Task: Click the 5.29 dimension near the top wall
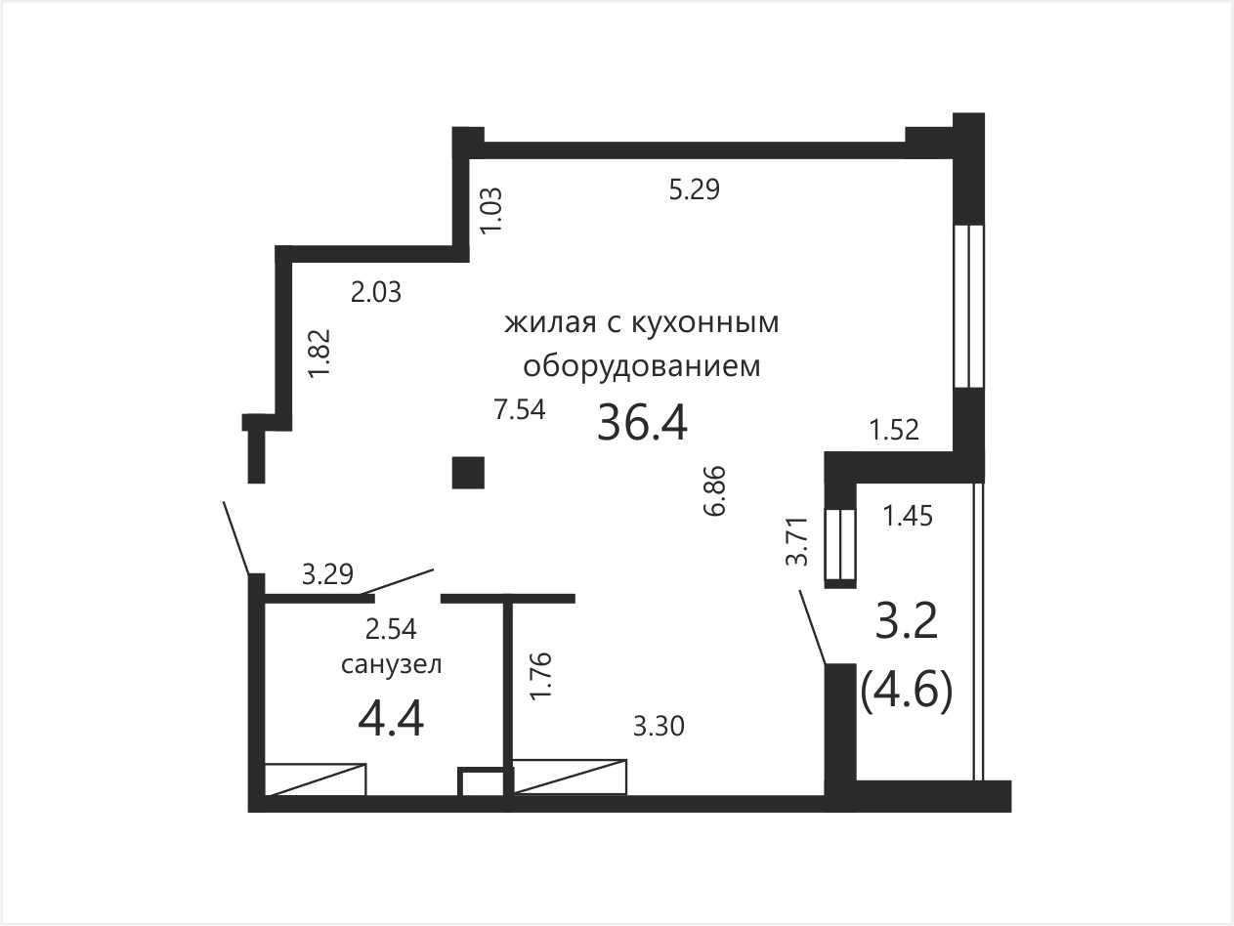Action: (x=695, y=189)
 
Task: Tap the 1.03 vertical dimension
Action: (x=490, y=210)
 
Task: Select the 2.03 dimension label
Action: (x=375, y=292)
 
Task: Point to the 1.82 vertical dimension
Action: (x=319, y=354)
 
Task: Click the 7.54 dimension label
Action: (x=520, y=409)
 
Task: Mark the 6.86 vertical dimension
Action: (x=715, y=490)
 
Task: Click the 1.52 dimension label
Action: (x=894, y=430)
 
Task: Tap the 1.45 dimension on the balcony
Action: (x=908, y=516)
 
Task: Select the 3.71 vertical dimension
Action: (x=797, y=541)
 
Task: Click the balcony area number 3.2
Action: (x=907, y=622)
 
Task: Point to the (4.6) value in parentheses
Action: (x=907, y=693)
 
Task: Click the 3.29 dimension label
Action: (x=327, y=574)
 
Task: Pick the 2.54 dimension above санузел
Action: (x=391, y=629)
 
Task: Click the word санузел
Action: (x=391, y=665)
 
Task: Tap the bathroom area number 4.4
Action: (x=391, y=721)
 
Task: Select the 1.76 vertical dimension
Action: (x=542, y=675)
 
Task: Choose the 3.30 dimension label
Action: (x=659, y=727)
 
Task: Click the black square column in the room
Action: (x=468, y=473)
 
